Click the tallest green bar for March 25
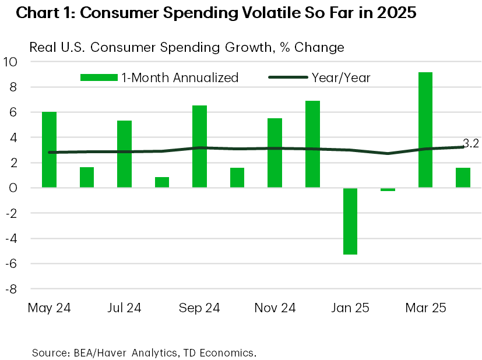(x=425, y=130)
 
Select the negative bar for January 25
(x=350, y=221)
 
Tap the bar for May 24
(x=50, y=150)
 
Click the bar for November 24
(x=275, y=153)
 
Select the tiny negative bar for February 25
(x=388, y=189)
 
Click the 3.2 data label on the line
(x=471, y=142)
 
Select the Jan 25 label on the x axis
(x=350, y=308)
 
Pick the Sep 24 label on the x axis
(x=199, y=308)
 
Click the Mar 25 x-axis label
(x=425, y=308)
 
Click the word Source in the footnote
(x=49, y=352)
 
